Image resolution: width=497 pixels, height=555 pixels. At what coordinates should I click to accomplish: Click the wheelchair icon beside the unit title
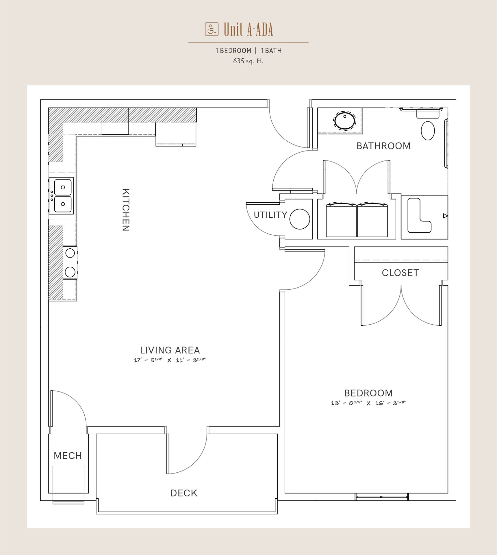(x=212, y=29)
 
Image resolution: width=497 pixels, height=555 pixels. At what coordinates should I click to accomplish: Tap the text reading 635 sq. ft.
(x=248, y=61)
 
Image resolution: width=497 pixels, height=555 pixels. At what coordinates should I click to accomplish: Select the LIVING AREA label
(x=170, y=350)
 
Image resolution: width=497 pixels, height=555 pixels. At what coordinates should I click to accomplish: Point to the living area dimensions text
(x=170, y=360)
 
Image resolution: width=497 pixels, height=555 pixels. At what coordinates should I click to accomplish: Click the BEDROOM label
(x=368, y=393)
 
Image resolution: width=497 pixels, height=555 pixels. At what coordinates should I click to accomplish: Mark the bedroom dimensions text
(x=368, y=403)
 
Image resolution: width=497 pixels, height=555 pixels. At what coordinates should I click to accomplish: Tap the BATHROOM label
(x=383, y=146)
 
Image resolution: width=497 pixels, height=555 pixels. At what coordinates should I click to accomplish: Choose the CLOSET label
(x=400, y=273)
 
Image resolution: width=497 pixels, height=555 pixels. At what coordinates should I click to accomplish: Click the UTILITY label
(x=270, y=215)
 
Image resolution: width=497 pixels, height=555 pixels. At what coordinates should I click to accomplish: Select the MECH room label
(x=68, y=456)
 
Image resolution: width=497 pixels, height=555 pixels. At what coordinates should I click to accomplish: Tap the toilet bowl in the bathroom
(x=428, y=131)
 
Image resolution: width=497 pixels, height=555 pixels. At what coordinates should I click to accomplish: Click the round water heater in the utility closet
(x=300, y=219)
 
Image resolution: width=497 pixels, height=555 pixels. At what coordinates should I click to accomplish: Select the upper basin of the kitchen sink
(x=63, y=187)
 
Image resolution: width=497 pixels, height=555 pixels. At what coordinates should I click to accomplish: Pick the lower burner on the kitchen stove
(x=70, y=272)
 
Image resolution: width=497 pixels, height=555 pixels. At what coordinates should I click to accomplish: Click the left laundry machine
(x=341, y=220)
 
